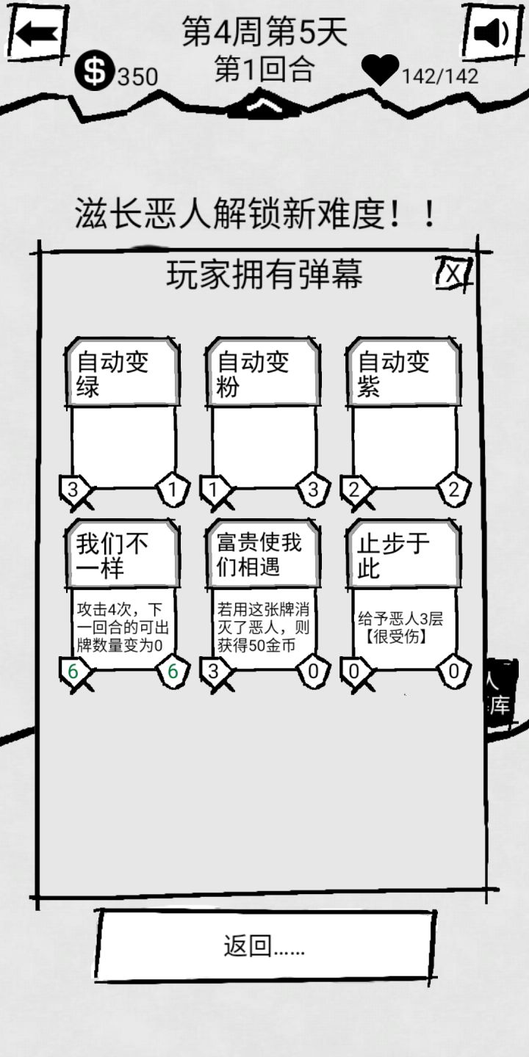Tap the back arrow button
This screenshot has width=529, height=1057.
click(36, 33)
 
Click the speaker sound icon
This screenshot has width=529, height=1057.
click(492, 33)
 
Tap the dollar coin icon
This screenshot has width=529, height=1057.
click(95, 70)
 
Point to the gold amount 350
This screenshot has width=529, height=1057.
click(137, 77)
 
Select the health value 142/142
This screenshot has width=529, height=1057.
click(440, 76)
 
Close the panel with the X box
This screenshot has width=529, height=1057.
click(453, 273)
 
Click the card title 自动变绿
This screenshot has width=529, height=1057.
click(112, 374)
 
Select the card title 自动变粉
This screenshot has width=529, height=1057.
click(253, 374)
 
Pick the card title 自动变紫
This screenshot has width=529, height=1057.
click(394, 374)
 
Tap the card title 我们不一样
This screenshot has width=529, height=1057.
click(112, 556)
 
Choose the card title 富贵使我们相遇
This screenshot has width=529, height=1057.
click(259, 555)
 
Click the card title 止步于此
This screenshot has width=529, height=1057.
click(394, 556)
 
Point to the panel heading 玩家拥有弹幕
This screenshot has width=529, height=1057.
click(264, 275)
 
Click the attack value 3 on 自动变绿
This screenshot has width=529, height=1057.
click(73, 490)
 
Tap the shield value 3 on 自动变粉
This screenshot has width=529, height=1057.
click(313, 490)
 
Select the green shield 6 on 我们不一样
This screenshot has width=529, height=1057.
click(173, 671)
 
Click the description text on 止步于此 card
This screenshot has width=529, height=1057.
click(400, 628)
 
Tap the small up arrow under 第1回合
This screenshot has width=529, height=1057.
click(264, 106)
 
